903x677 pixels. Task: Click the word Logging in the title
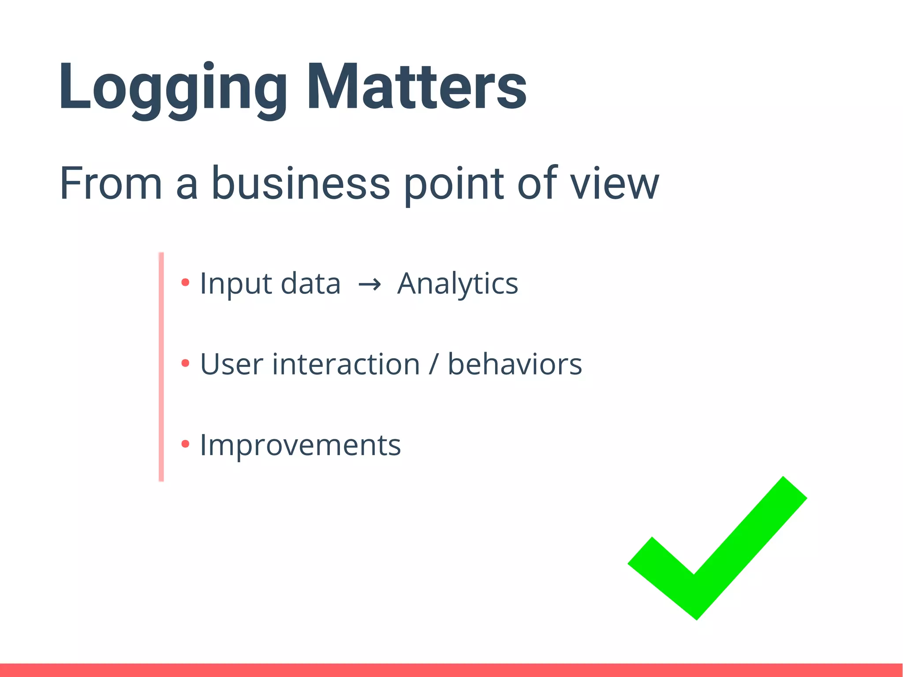click(172, 88)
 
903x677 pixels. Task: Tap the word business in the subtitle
click(301, 183)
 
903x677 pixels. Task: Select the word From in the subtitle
click(111, 183)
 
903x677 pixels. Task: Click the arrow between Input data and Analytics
click(369, 285)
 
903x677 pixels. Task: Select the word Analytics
click(458, 284)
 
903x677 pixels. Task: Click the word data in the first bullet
click(310, 284)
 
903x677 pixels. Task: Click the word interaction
click(346, 365)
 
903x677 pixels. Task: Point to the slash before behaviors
click(434, 365)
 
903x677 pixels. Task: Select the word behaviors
click(515, 365)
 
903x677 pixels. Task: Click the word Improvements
click(300, 445)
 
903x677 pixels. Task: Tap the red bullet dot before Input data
click(185, 282)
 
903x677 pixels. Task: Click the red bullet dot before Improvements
click(185, 444)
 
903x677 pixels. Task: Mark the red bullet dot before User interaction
click(185, 363)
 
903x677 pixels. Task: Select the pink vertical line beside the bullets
click(161, 366)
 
